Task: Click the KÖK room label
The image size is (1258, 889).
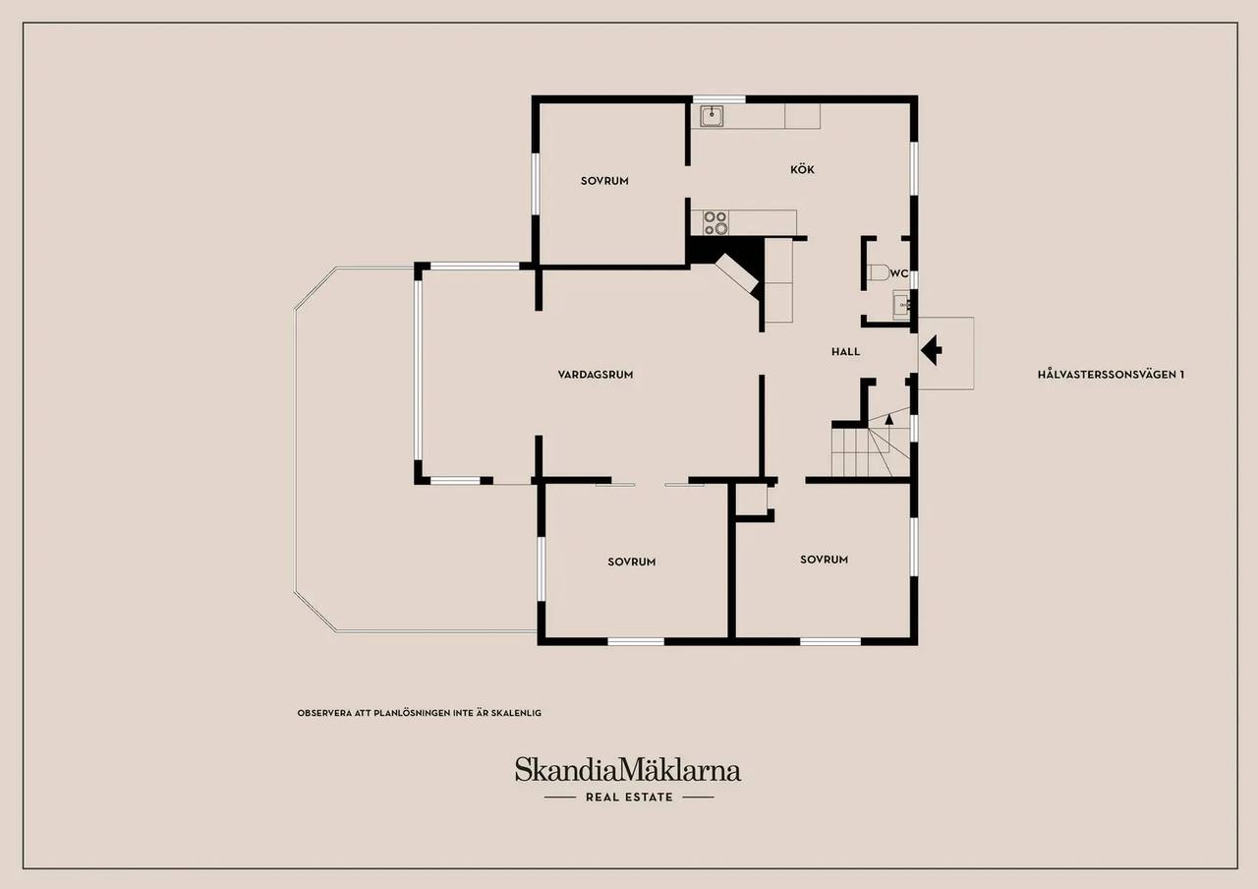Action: point(802,169)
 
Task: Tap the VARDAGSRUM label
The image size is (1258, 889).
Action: point(596,375)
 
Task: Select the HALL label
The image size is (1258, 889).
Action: point(846,352)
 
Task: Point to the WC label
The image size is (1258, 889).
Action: point(899,273)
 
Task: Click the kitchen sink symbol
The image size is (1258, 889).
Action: point(712,116)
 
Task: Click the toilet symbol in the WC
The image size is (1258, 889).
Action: point(879,272)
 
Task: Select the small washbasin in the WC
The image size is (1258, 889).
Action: point(902,305)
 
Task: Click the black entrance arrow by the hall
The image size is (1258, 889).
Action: point(931,350)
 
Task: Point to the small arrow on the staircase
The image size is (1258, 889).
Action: point(889,419)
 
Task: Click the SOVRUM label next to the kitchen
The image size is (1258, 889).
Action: point(604,181)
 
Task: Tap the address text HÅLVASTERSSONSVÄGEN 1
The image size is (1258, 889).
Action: point(1111,375)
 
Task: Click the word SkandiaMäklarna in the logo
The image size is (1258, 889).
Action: point(628,770)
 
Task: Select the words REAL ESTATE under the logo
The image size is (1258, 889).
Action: point(629,797)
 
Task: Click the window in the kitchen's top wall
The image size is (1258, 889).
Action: point(718,99)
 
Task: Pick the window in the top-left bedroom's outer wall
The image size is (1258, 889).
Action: point(536,184)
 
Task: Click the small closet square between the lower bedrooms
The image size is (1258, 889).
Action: point(752,499)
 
